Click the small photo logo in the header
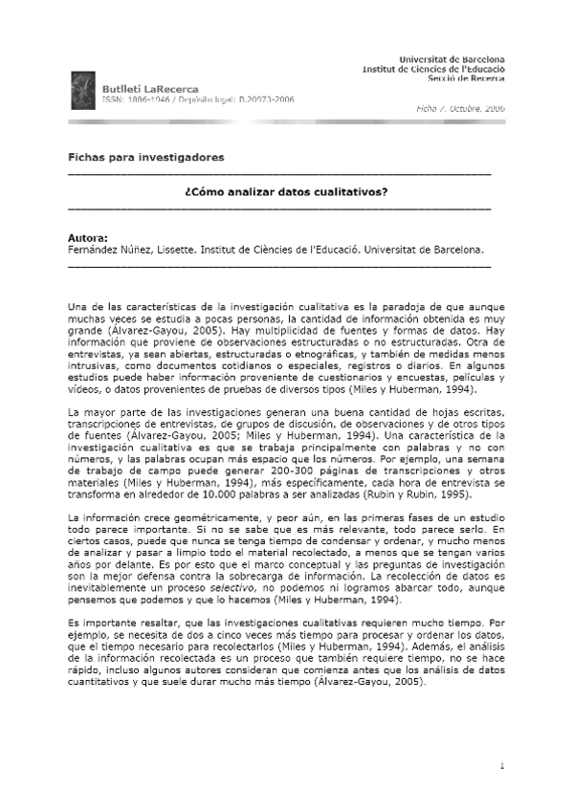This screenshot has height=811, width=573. [x=83, y=91]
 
